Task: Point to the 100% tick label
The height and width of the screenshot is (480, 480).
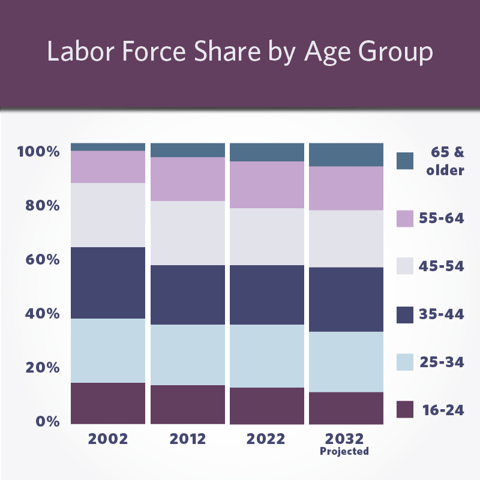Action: (39, 151)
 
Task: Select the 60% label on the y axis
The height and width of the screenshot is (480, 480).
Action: (43, 260)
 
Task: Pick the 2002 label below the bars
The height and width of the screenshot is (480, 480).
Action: (108, 439)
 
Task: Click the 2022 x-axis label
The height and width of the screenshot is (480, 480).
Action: (267, 439)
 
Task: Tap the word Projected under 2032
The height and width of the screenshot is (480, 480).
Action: (344, 451)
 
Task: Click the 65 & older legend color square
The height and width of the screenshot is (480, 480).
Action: (406, 161)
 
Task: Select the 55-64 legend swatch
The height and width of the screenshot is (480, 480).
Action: (406, 218)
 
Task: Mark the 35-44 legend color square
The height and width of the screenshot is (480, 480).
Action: (406, 314)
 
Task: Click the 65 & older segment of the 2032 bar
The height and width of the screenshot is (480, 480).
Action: (346, 154)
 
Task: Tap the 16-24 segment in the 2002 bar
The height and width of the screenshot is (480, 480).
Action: (108, 403)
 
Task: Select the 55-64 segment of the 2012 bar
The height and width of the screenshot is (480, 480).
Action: (188, 179)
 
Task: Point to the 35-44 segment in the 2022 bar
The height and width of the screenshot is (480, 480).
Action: (267, 295)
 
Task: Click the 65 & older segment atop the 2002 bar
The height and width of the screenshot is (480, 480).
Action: (108, 147)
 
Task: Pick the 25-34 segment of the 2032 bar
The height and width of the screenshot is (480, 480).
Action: (346, 361)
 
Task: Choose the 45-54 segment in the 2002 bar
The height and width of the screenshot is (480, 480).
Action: (108, 215)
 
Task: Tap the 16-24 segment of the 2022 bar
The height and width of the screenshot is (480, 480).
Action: (267, 406)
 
